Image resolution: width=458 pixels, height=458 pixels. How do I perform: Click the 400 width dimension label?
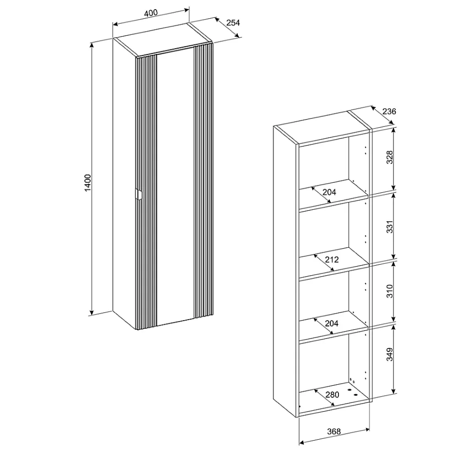coord(151,13)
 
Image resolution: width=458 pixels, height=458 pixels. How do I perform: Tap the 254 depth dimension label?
coord(233,22)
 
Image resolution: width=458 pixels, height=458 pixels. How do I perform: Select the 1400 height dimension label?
coord(87,183)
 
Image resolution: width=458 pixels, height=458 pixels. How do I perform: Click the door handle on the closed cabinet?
coord(138,195)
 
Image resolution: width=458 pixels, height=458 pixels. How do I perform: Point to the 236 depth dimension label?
coord(389,111)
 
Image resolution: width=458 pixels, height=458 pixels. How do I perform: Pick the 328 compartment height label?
coord(390,157)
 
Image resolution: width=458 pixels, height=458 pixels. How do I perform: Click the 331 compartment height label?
coord(390,227)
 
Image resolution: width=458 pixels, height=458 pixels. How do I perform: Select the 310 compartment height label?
coord(390,291)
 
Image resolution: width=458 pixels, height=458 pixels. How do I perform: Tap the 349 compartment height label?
coord(390,354)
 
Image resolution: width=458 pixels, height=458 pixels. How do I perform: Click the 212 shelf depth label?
coord(332,259)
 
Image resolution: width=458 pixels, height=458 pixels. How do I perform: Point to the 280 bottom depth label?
coord(332,395)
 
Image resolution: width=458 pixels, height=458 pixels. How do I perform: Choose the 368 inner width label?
coord(334,431)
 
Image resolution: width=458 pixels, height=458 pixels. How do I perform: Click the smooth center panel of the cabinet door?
coord(175,187)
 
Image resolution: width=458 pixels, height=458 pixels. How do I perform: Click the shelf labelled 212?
coord(333,262)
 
